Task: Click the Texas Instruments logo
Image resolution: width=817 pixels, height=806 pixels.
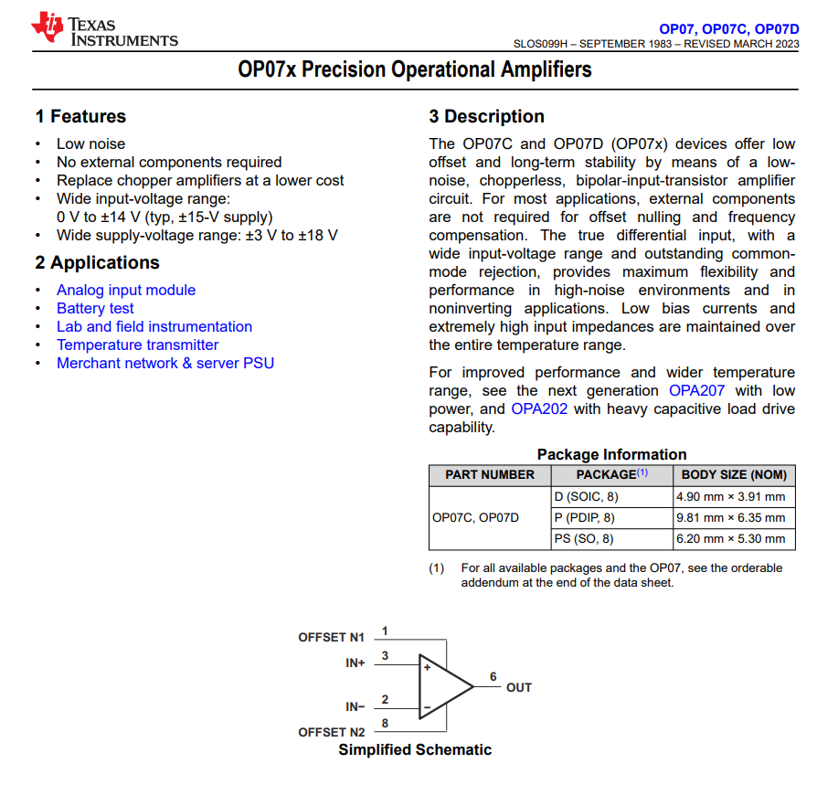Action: tap(105, 29)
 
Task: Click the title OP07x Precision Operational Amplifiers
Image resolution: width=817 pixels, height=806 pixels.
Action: tap(415, 69)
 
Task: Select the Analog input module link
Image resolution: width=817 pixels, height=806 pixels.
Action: tap(126, 290)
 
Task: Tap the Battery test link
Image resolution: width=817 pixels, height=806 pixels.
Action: tap(95, 308)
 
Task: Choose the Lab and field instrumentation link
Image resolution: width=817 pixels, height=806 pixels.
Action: tap(154, 326)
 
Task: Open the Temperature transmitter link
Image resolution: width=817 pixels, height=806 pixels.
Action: tap(138, 345)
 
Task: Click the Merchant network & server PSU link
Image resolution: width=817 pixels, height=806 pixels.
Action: tap(165, 363)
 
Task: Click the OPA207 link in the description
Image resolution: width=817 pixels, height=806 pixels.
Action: tap(696, 390)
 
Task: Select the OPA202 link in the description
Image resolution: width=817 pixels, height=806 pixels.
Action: tap(539, 408)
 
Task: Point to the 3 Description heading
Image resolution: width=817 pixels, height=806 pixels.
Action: tap(486, 116)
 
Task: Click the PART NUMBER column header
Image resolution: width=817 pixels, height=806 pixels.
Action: tap(490, 474)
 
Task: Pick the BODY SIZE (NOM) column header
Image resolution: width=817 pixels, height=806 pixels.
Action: tap(734, 474)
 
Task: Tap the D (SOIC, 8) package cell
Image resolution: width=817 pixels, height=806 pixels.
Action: tap(587, 497)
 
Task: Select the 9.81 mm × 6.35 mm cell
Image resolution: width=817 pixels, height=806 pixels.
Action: tap(730, 517)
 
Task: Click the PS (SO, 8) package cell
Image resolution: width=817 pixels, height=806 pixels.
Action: tap(584, 538)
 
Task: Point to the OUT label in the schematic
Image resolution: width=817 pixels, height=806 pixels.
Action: tap(519, 687)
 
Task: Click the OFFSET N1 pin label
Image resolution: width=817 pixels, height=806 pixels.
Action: tap(331, 637)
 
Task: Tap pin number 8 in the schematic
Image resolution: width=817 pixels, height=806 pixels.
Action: tap(385, 723)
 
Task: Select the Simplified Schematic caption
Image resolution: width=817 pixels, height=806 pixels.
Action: tap(415, 749)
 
